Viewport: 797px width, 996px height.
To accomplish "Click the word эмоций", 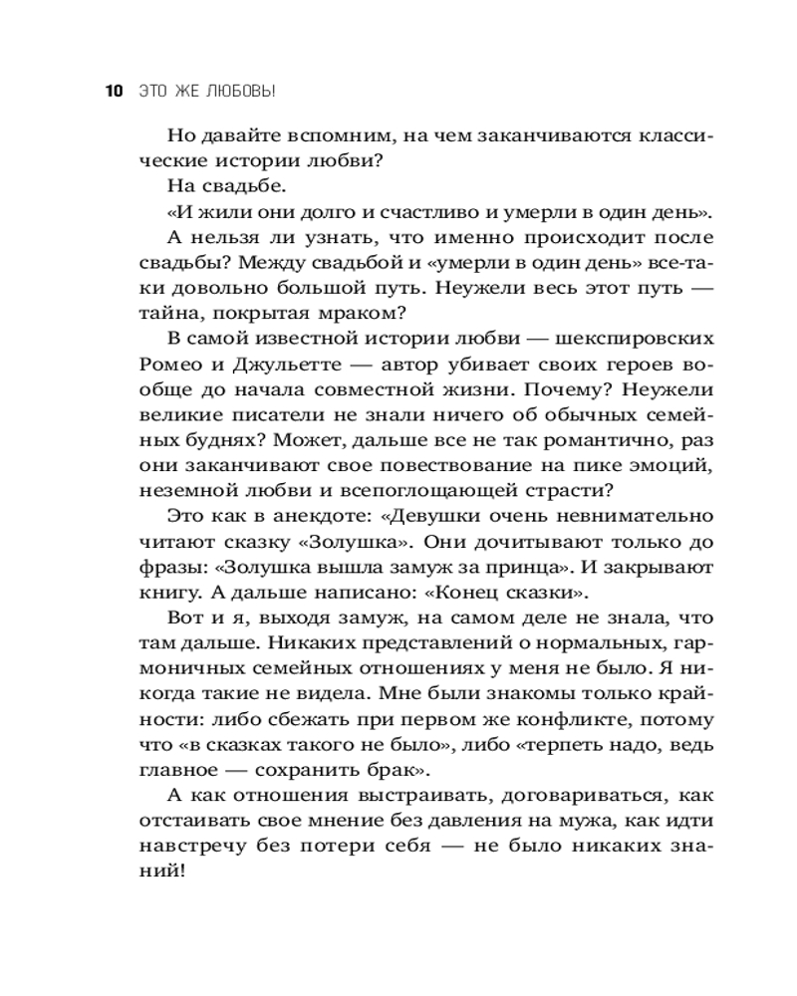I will coord(670,464).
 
